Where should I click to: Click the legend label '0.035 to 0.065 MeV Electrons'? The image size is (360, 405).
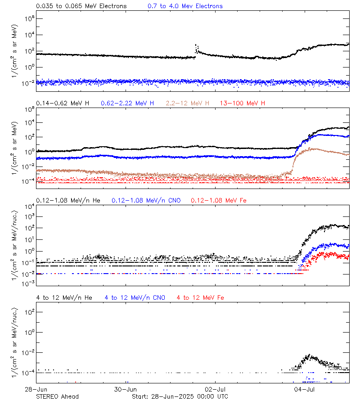pyautogui.click(x=81, y=6)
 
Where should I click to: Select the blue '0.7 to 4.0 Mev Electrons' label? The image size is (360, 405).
pyautogui.click(x=185, y=6)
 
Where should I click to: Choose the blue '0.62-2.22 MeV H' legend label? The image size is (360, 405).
pyautogui.click(x=127, y=103)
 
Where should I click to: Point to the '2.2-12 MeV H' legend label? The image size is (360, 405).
pyautogui.click(x=187, y=103)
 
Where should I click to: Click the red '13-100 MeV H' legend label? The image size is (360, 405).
pyautogui.click(x=242, y=103)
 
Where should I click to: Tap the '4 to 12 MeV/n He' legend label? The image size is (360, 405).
pyautogui.click(x=64, y=297)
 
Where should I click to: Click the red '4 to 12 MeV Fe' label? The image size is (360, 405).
pyautogui.click(x=200, y=297)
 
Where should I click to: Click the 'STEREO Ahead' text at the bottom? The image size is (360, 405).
pyautogui.click(x=57, y=396)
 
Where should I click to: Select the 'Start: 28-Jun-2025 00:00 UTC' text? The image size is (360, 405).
pyautogui.click(x=180, y=396)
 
